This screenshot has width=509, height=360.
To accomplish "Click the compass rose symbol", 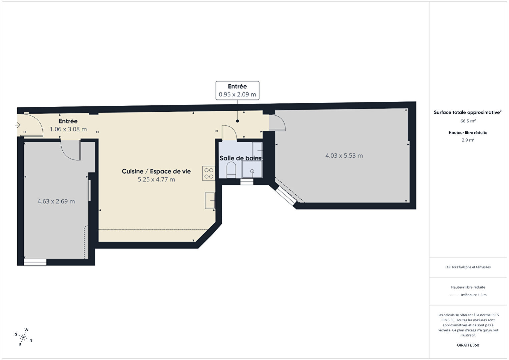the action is click(x=23, y=337).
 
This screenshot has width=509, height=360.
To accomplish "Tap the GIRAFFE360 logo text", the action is click(x=468, y=345).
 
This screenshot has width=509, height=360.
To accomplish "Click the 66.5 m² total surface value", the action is click(x=468, y=121).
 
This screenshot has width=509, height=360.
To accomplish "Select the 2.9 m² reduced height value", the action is click(x=468, y=140).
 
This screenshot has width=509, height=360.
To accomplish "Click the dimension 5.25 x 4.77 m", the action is click(x=156, y=179).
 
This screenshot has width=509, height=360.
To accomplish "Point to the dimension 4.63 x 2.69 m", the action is click(x=56, y=201).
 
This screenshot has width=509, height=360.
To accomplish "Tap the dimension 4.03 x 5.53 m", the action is click(x=344, y=155).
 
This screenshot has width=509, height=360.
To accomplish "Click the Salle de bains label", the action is click(x=240, y=158).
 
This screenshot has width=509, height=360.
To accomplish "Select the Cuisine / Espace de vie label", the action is click(x=156, y=171).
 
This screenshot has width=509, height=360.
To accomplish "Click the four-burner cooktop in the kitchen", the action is click(x=208, y=173).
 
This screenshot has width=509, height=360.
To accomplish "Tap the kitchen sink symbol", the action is click(x=210, y=200).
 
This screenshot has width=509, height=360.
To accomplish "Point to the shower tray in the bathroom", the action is click(x=252, y=169).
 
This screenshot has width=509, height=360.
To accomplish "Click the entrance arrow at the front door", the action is click(x=18, y=125).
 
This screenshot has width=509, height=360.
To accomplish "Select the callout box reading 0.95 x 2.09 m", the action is click(x=237, y=90).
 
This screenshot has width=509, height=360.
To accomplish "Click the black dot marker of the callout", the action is click(x=237, y=121).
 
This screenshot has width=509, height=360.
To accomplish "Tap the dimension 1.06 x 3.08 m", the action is click(x=68, y=129).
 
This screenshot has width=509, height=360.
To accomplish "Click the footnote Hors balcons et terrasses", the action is click(x=468, y=267).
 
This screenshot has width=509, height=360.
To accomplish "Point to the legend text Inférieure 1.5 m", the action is click(x=474, y=295).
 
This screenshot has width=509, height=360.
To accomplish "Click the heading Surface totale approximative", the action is click(x=468, y=112).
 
